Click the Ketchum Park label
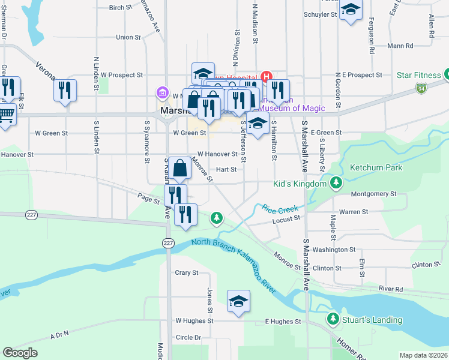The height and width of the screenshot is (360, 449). point(376,168)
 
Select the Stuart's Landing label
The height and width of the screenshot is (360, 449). point(372,320)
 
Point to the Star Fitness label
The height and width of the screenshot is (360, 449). point(419,75)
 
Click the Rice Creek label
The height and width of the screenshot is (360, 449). point(280,209)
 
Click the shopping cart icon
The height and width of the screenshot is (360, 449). point(6,113)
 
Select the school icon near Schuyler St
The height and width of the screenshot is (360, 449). point(351,10)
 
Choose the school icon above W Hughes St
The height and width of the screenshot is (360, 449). point(238,301)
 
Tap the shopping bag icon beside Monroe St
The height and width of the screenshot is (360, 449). point(179,168)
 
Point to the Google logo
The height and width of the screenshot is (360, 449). point(20,353)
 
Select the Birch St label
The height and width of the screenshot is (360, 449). point(120,8)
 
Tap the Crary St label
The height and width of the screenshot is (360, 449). point(186,272)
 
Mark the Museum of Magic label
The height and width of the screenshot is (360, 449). point(292,109)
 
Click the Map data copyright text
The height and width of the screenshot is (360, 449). point(423,355)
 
